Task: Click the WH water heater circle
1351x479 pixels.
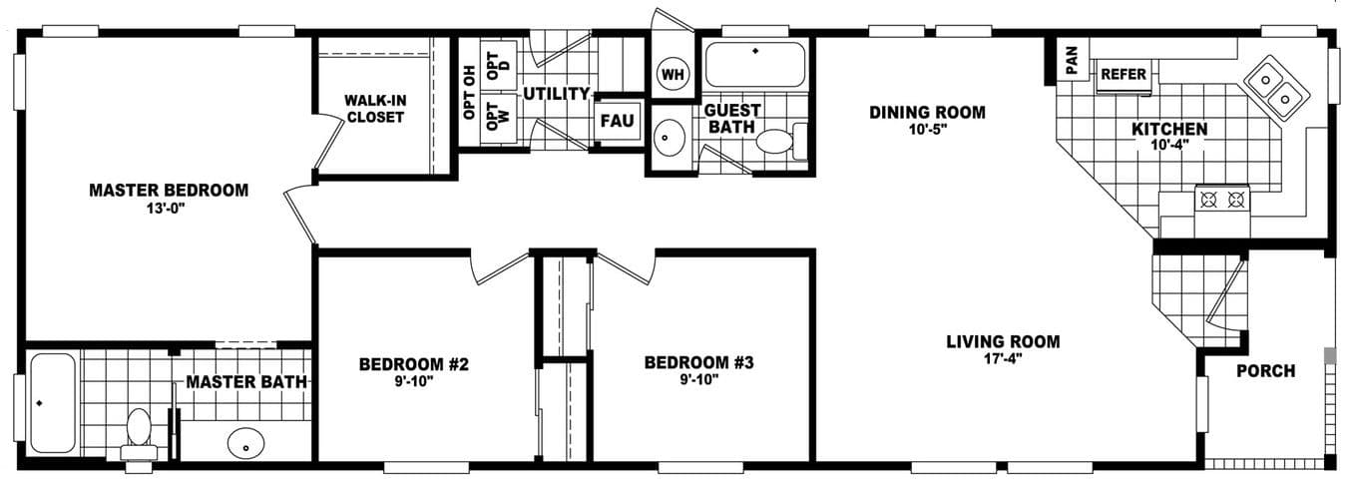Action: (674, 73)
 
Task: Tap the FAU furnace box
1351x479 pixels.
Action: (618, 122)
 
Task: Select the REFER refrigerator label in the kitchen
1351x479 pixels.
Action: (1124, 74)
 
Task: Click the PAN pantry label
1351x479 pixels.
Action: (1072, 61)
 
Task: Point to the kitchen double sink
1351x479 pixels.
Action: (1276, 86)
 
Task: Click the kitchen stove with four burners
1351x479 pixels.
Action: (1222, 199)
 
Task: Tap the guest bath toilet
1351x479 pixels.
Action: (777, 141)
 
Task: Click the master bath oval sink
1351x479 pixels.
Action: (245, 442)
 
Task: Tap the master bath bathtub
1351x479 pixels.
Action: (52, 403)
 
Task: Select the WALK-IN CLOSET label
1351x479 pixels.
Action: (375, 109)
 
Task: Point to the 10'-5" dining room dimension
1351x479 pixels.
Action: (927, 129)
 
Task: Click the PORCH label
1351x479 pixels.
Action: (1265, 371)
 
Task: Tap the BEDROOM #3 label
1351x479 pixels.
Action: (697, 361)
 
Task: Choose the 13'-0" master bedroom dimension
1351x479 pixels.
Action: (168, 208)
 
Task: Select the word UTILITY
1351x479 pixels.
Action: (556, 94)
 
